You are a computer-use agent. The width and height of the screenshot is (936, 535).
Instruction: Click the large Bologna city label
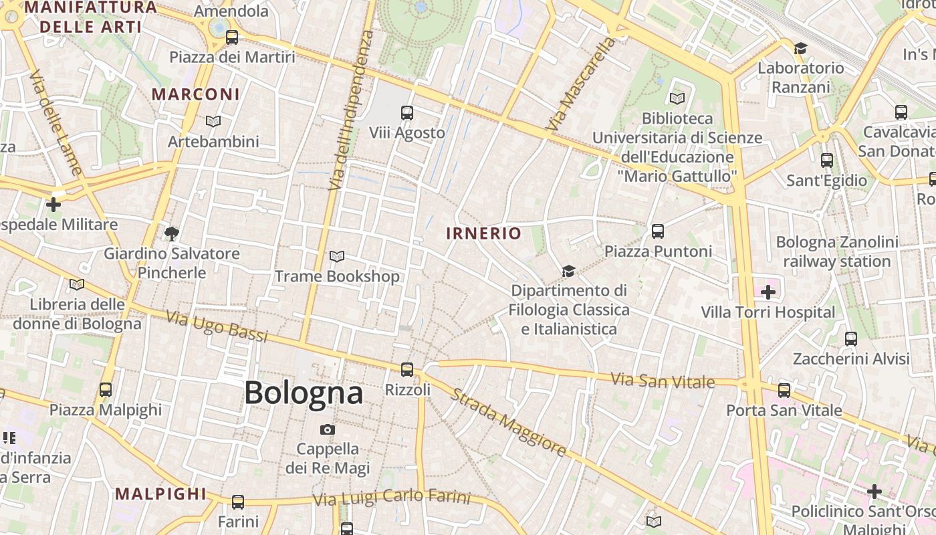tap(304, 393)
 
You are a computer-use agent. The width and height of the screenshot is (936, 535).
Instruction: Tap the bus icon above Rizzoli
tap(406, 369)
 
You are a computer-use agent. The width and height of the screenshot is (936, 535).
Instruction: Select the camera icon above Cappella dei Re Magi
tap(328, 429)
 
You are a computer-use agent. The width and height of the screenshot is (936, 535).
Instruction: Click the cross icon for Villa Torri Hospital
tap(768, 292)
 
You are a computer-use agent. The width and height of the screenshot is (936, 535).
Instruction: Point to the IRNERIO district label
tap(484, 233)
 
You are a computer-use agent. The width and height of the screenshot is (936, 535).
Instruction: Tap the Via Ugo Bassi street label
tap(217, 326)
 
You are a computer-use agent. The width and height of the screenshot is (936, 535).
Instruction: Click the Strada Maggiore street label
tap(509, 423)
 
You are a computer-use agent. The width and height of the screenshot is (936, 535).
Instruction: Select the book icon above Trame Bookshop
tap(337, 256)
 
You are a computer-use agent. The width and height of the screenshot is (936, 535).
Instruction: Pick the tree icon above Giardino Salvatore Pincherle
tap(172, 233)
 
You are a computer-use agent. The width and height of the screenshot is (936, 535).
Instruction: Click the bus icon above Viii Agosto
tap(406, 112)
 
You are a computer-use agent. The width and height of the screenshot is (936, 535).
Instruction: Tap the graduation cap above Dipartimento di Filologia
tap(568, 271)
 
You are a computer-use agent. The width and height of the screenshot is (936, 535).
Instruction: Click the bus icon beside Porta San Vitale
tap(784, 390)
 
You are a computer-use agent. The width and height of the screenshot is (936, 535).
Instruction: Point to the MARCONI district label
tap(195, 94)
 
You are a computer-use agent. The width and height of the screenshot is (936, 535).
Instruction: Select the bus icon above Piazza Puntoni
tap(658, 231)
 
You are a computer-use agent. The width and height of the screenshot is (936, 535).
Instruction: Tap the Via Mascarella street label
tap(580, 84)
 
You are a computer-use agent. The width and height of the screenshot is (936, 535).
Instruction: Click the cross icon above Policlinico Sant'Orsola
tap(874, 492)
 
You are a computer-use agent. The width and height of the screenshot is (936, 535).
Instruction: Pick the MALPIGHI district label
tap(161, 494)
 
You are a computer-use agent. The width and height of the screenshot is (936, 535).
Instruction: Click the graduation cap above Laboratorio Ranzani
tap(800, 48)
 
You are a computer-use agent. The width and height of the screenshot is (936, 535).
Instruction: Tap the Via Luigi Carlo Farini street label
tap(392, 498)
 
